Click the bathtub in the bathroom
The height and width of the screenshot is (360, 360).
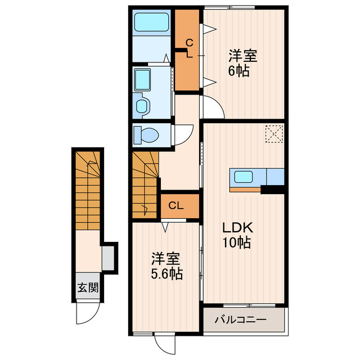pyautogui.click(x=151, y=22)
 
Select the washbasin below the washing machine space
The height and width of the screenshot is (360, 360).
pyautogui.click(x=142, y=106)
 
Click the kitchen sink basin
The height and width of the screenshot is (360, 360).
pyautogui.click(x=244, y=177)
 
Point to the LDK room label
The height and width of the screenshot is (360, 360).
pyautogui.click(x=237, y=228)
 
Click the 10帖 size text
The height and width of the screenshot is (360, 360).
pyautogui.click(x=236, y=242)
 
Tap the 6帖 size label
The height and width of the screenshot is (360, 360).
pyautogui.click(x=238, y=71)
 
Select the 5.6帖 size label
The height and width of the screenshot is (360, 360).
pyautogui.click(x=166, y=274)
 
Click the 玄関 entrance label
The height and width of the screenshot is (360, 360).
pyautogui.click(x=88, y=287)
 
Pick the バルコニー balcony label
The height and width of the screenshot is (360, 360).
pyautogui.click(x=241, y=319)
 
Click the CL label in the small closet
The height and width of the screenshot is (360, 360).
pyautogui.click(x=176, y=206)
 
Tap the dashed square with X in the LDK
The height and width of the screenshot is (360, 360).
pyautogui.click(x=274, y=134)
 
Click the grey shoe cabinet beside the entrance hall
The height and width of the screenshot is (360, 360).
pyautogui.click(x=108, y=258)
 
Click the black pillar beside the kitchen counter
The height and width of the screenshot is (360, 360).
pyautogui.click(x=272, y=189)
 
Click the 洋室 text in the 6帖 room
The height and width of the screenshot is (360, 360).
pyautogui.click(x=242, y=56)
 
